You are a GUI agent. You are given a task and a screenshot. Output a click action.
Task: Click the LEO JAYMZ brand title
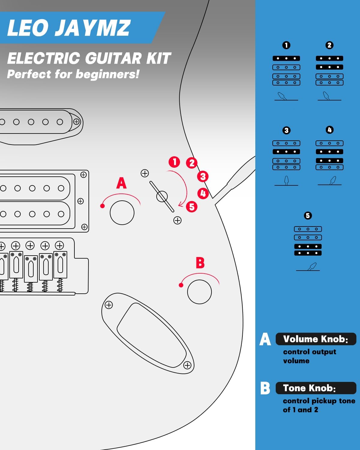pyautogui.click(x=69, y=28)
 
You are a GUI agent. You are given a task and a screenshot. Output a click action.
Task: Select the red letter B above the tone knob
pyautogui.click(x=200, y=262)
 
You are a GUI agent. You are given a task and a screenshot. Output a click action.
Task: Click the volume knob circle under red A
pyautogui.click(x=122, y=213)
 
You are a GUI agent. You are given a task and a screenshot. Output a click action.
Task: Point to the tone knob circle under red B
pyautogui.click(x=199, y=292)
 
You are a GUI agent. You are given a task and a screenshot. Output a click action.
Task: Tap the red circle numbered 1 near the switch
pyautogui.click(x=174, y=162)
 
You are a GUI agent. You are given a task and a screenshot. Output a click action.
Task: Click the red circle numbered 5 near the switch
pyautogui.click(x=192, y=207)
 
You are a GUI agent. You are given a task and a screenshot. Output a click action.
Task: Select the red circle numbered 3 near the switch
pyautogui.click(x=203, y=176)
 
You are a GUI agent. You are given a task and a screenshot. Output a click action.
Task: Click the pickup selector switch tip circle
pyautogui.click(x=162, y=196)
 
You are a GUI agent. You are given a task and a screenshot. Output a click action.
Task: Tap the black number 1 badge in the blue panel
pyautogui.click(x=286, y=45)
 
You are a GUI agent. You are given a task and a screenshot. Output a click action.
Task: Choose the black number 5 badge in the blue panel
pyautogui.click(x=308, y=216)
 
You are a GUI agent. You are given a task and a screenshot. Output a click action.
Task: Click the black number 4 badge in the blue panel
pyautogui.click(x=329, y=130)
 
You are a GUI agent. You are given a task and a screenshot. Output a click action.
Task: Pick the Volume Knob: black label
pyautogui.click(x=316, y=339)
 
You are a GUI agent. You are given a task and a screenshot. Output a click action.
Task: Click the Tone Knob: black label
pyautogui.click(x=316, y=388)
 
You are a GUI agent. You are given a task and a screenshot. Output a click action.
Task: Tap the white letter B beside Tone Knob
pyautogui.click(x=265, y=388)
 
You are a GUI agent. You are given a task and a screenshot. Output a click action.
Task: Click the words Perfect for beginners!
pyautogui.click(x=73, y=74)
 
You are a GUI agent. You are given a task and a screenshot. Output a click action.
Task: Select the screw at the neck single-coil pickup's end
pyautogui.click(x=76, y=121)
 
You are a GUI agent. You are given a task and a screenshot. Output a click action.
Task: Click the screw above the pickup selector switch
pyautogui.click(x=145, y=173)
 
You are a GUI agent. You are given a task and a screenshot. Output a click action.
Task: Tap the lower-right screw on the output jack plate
pyautogui.click(x=187, y=365)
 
